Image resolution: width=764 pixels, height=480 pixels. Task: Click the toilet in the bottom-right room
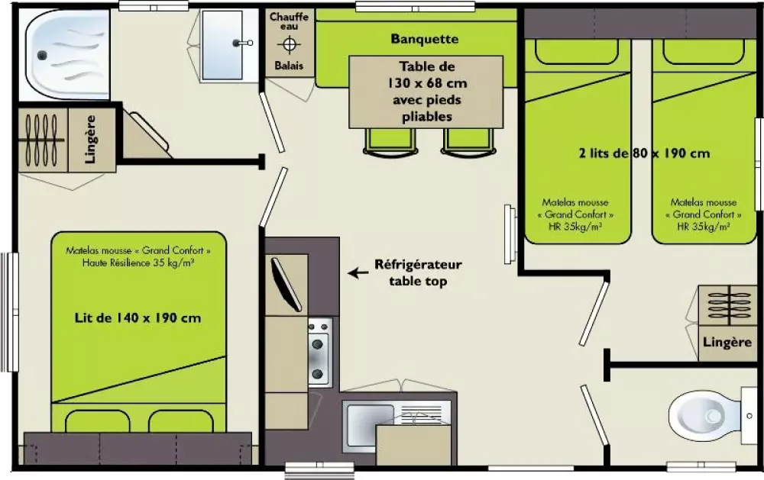702,417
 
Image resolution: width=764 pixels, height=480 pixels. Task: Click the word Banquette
424,39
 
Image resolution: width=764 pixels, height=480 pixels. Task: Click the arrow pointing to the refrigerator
356,271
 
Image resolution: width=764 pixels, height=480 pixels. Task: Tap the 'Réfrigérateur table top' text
417,272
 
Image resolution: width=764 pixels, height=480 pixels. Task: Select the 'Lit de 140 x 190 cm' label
138,317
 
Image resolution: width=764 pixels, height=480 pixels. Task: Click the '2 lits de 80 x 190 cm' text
644,153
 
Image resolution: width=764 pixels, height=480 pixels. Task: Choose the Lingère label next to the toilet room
727,343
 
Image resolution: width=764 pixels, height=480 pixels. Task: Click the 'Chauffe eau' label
290,22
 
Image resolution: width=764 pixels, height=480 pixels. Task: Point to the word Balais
290,66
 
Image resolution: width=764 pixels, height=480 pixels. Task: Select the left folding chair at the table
384,141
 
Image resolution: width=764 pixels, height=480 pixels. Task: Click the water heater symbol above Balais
290,44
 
